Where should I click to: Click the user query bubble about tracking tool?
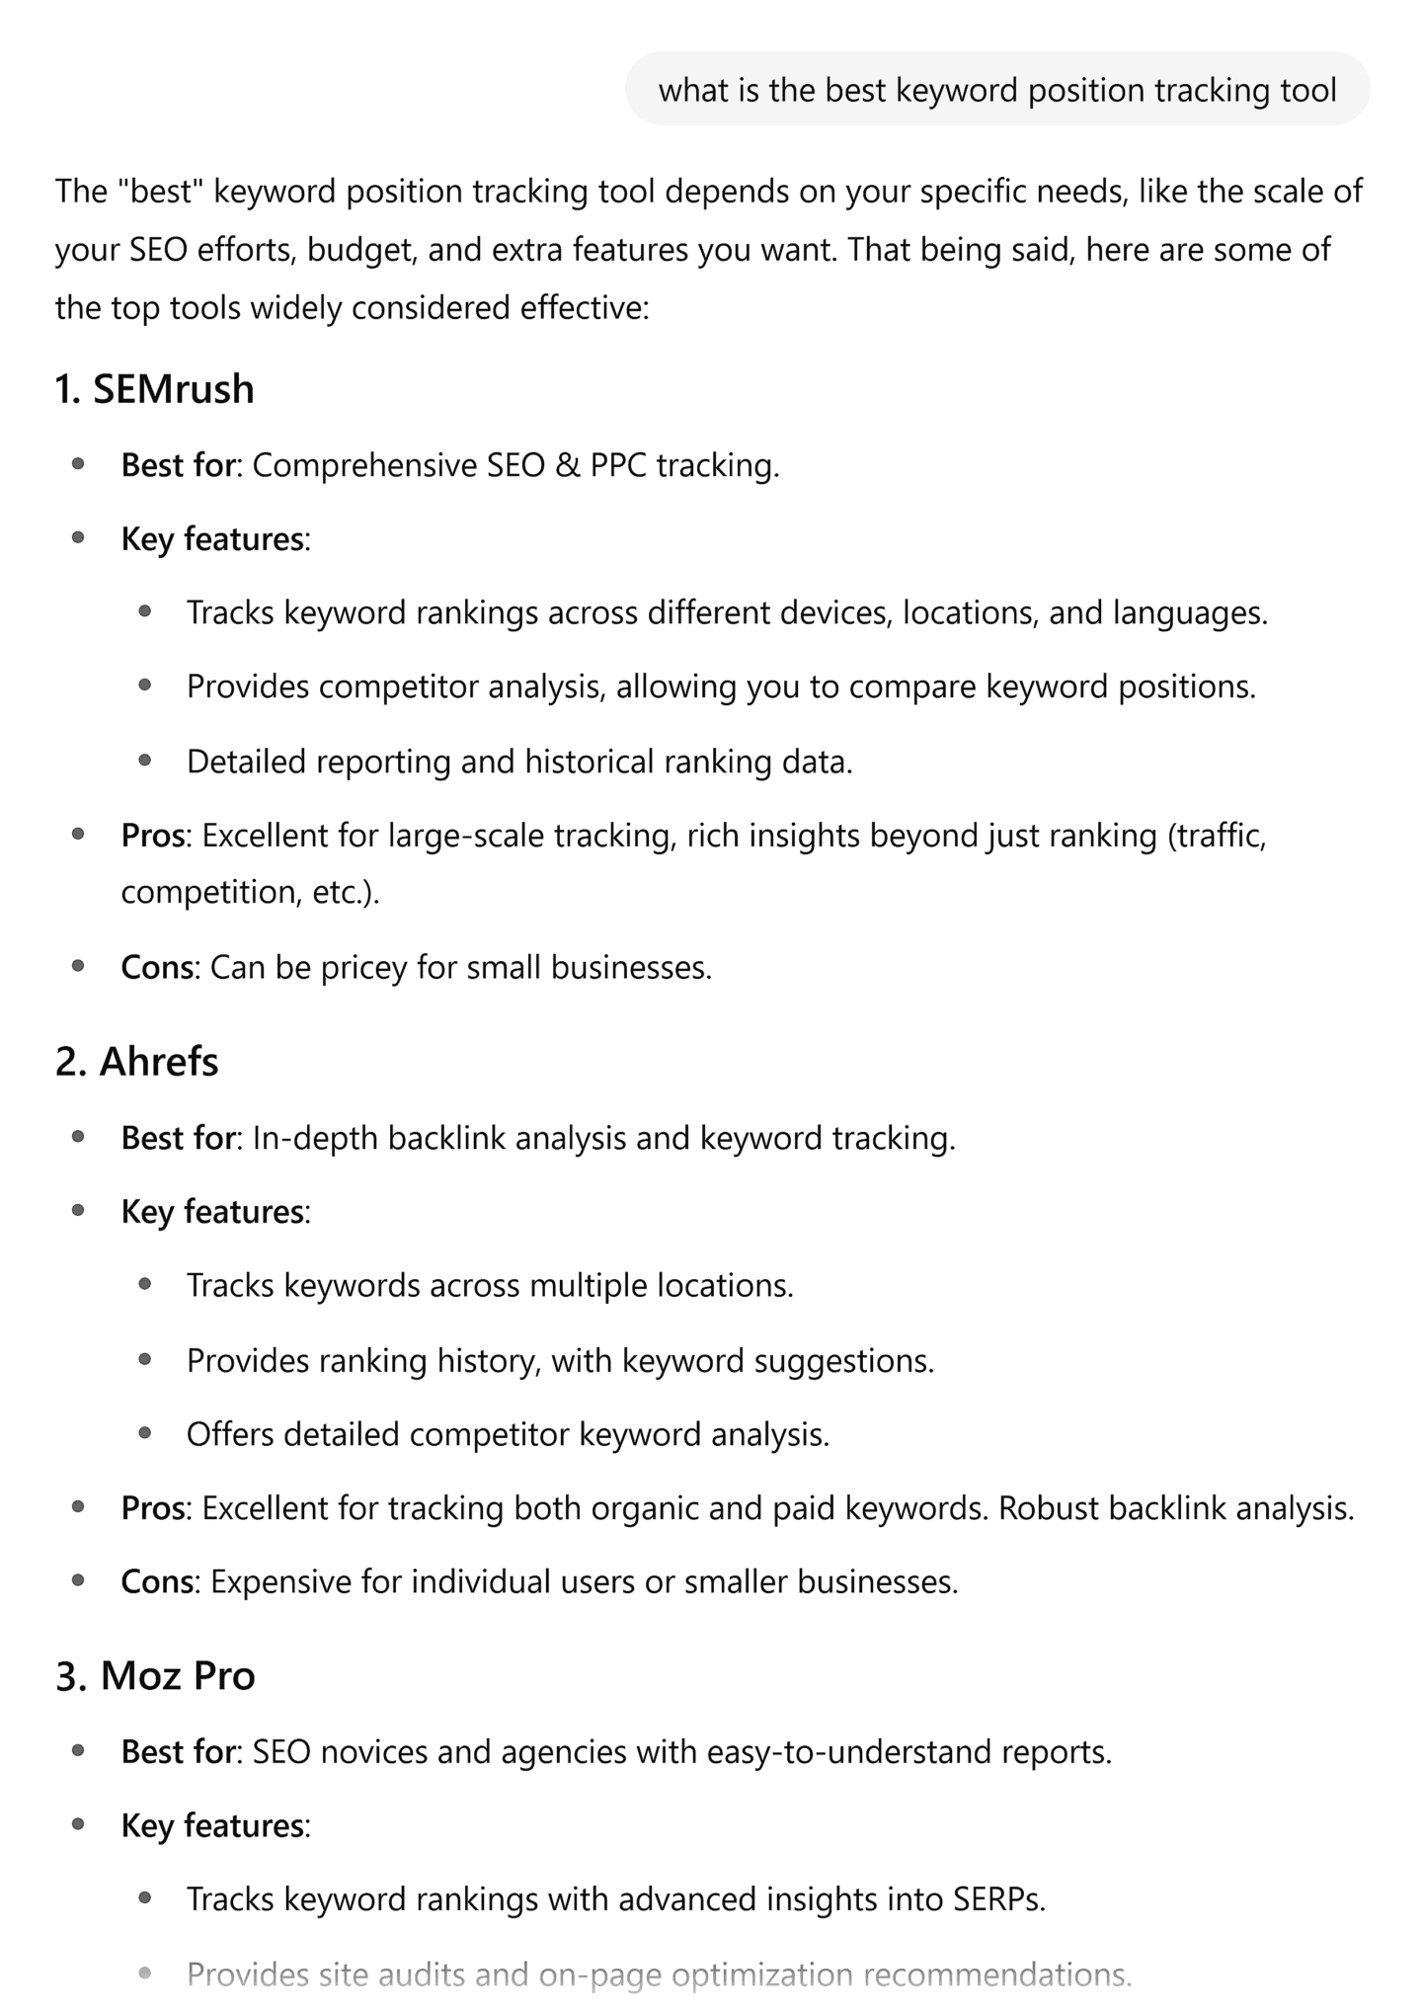997,90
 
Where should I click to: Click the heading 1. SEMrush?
155,389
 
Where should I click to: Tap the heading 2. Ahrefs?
137,1062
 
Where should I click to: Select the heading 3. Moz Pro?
156,1675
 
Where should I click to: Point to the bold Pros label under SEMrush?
153,836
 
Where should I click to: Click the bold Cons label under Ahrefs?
157,1581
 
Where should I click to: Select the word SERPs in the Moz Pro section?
997,1898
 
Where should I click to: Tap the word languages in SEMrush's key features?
1189,612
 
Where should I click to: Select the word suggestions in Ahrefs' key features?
843,1360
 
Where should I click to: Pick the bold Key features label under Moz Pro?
212,1825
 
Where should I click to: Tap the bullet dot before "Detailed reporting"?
145,761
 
